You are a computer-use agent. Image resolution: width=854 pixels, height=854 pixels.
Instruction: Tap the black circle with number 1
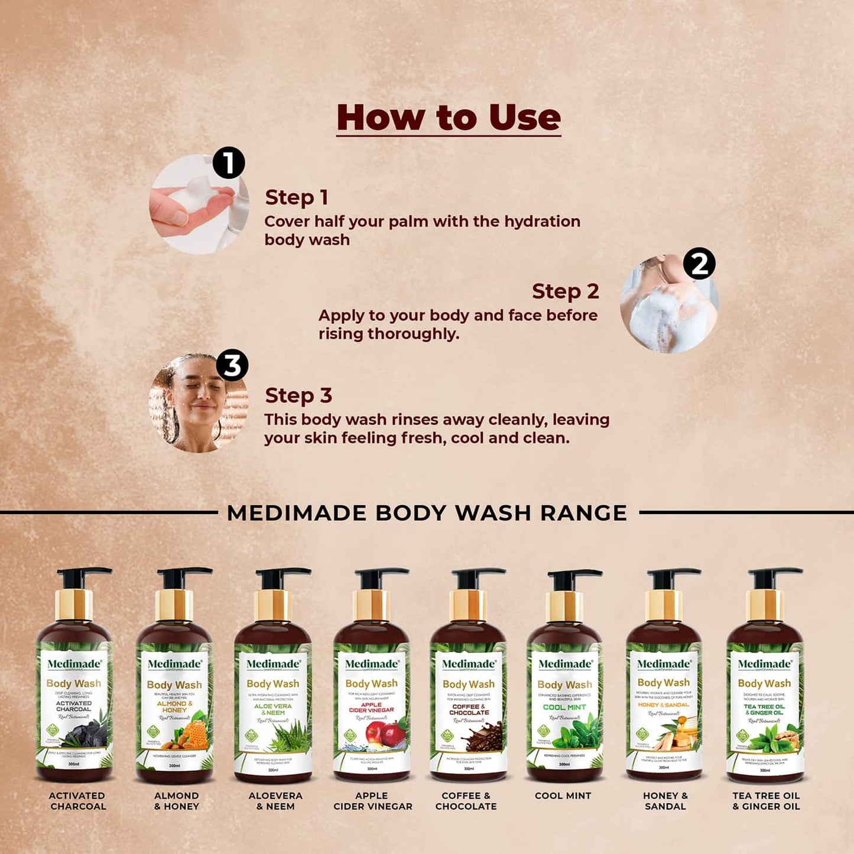point(229,163)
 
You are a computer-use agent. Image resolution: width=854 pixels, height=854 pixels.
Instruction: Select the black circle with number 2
point(699,264)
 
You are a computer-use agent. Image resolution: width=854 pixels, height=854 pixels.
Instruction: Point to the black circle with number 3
point(232,365)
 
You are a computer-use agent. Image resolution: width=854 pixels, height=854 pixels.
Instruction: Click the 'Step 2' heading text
point(565,291)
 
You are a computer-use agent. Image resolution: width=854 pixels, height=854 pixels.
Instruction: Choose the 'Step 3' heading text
point(298,395)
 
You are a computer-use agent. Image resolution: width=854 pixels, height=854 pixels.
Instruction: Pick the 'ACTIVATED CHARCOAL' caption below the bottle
point(77,801)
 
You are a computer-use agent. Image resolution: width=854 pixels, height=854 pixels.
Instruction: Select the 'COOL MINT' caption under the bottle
point(563,796)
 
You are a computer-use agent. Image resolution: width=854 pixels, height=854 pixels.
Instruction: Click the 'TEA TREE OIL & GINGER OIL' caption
point(766,801)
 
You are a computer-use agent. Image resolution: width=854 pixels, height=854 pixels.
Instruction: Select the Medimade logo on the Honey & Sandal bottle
point(664,664)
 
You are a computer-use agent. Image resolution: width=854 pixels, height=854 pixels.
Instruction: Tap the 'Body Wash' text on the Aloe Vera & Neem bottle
point(273,684)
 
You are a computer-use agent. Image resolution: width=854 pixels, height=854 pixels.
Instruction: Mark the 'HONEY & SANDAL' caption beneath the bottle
point(665,801)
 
